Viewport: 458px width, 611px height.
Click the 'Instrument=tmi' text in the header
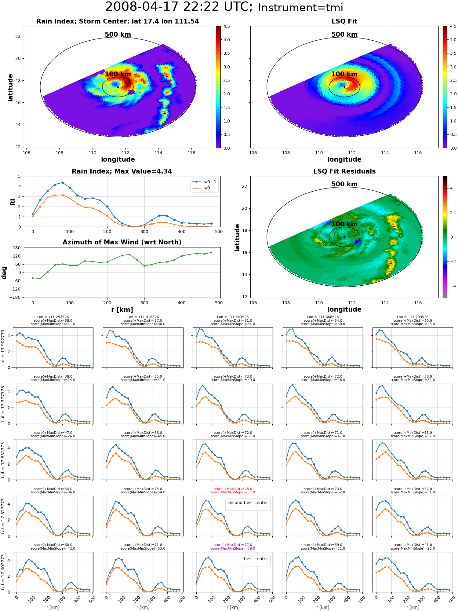[300, 8]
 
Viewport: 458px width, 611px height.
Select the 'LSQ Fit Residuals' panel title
[344, 171]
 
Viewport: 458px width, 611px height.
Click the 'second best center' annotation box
[248, 503]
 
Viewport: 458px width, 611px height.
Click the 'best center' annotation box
[256, 559]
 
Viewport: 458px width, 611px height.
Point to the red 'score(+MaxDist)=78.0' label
[233, 489]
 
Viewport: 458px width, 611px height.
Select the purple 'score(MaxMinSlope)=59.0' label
[233, 548]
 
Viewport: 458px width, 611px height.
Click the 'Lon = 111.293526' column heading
[53, 317]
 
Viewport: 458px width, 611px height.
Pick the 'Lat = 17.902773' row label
[3, 348]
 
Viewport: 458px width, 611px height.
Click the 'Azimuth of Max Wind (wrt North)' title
[122, 242]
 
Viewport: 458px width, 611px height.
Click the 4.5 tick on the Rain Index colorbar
[227, 26]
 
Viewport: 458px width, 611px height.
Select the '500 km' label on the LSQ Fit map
[344, 35]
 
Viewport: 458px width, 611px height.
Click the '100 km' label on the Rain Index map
[118, 74]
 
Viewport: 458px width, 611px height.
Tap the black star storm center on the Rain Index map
[118, 87]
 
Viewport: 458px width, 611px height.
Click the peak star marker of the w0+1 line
[63, 183]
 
